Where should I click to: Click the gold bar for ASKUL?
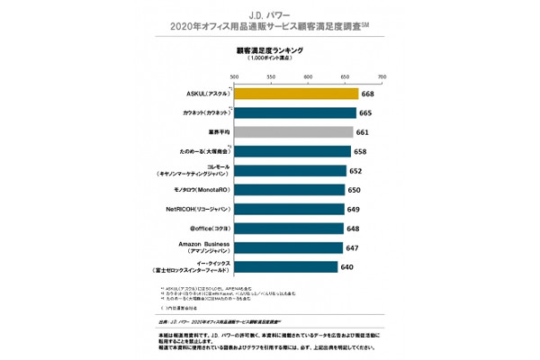[x=296, y=94]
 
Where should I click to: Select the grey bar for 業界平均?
[x=293, y=132]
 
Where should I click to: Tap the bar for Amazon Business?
[x=288, y=247]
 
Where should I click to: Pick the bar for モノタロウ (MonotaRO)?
[x=289, y=190]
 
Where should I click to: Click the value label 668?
[x=367, y=94]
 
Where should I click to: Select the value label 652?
[x=355, y=171]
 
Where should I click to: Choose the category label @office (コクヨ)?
[x=200, y=229]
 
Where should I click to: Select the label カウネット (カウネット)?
[x=197, y=113]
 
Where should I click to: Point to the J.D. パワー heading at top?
[x=269, y=15]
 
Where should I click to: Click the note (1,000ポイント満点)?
[x=269, y=59]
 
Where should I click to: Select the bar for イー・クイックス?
[x=285, y=266]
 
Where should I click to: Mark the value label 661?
[x=361, y=132]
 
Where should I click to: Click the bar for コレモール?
[x=291, y=171]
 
